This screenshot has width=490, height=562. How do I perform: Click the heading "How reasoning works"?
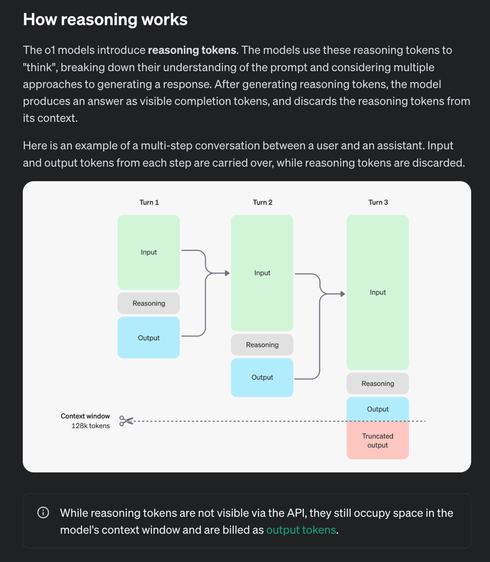pos(105,20)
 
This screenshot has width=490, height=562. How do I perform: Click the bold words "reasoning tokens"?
pos(192,50)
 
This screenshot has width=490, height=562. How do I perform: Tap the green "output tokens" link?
pos(301,530)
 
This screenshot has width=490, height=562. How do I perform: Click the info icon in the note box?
pos(43,513)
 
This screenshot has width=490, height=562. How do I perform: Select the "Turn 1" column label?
pos(149,202)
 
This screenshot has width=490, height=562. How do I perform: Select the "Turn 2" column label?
pos(262,202)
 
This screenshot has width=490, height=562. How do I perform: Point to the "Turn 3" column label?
pos(378,202)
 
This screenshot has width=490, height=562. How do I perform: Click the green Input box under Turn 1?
pos(149,252)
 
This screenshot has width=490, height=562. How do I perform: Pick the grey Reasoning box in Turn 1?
pos(149,303)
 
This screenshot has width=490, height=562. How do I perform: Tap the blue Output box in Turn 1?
pos(149,338)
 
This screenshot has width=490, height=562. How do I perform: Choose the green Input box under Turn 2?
pos(262,273)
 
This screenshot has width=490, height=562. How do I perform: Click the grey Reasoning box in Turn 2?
pos(262,345)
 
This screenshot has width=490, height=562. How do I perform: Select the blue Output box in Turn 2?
pos(262,378)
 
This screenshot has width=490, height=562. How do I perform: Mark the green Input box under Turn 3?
pos(378,292)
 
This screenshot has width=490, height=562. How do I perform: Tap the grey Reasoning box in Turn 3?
pos(378,384)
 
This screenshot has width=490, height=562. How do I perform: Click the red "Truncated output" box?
pos(378,440)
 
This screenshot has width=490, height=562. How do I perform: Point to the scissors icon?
pos(126,421)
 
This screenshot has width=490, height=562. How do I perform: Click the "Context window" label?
pos(85,416)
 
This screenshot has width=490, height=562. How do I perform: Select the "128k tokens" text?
pos(90,426)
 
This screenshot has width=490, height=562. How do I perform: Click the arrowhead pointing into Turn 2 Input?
pos(227,273)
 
